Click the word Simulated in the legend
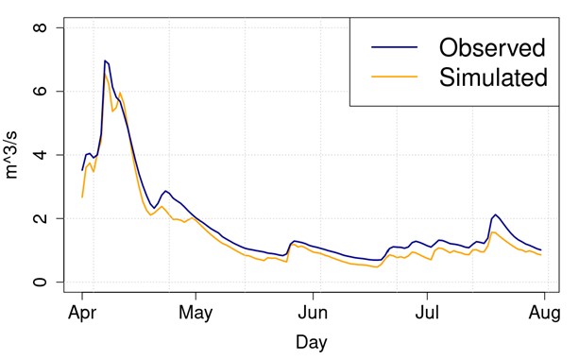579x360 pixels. point(494,78)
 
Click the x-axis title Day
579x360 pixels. point(313,340)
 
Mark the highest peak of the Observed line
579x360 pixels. point(105,60)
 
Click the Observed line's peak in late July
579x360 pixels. point(496,214)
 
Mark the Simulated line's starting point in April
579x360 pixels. point(82,197)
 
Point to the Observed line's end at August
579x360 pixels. point(540,249)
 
